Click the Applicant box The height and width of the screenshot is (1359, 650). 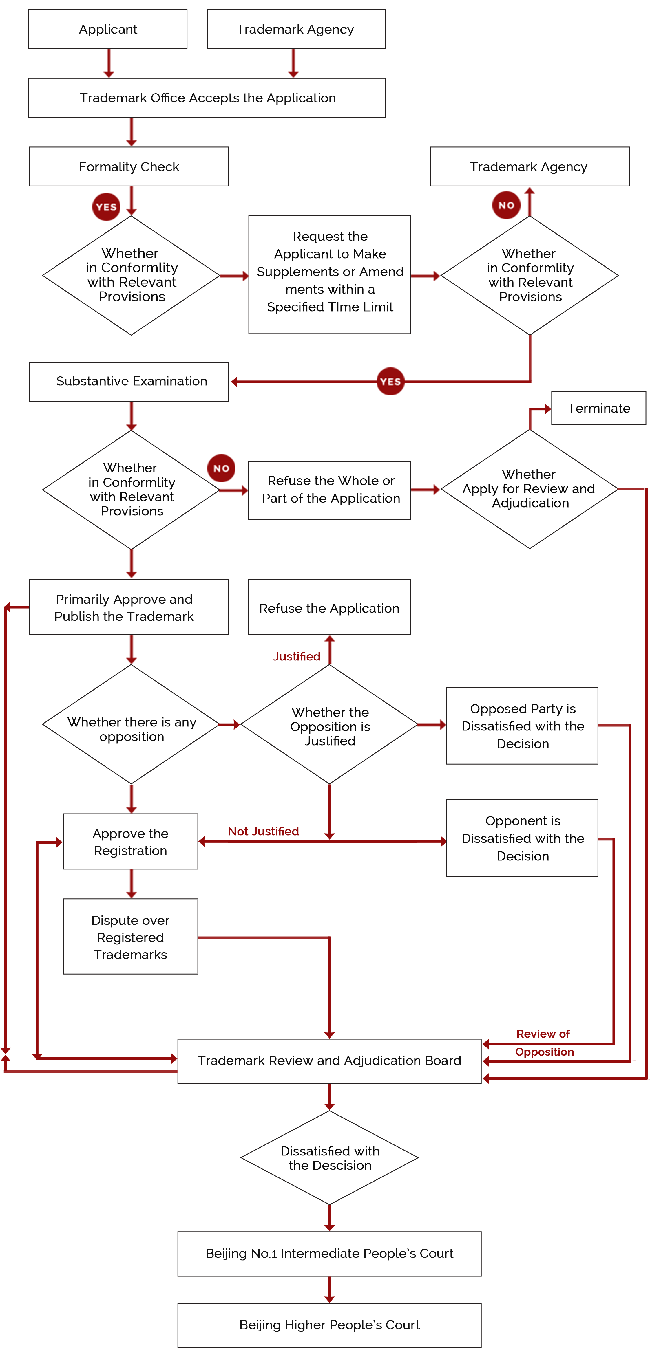[x=108, y=29]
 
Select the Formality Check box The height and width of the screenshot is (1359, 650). [x=129, y=167]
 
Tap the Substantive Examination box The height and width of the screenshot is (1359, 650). [x=129, y=381]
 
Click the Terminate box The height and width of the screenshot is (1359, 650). [x=599, y=408]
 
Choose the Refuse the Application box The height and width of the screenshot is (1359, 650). [x=329, y=607]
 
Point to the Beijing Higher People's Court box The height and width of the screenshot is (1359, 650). [x=329, y=1325]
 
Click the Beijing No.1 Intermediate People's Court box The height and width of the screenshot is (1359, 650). [x=329, y=1254]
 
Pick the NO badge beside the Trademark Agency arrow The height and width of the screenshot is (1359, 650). [x=506, y=205]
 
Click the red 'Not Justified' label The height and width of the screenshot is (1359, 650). [x=264, y=831]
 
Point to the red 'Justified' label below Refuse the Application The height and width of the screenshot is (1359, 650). [x=297, y=656]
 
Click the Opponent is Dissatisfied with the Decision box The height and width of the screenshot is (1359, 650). [x=522, y=838]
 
